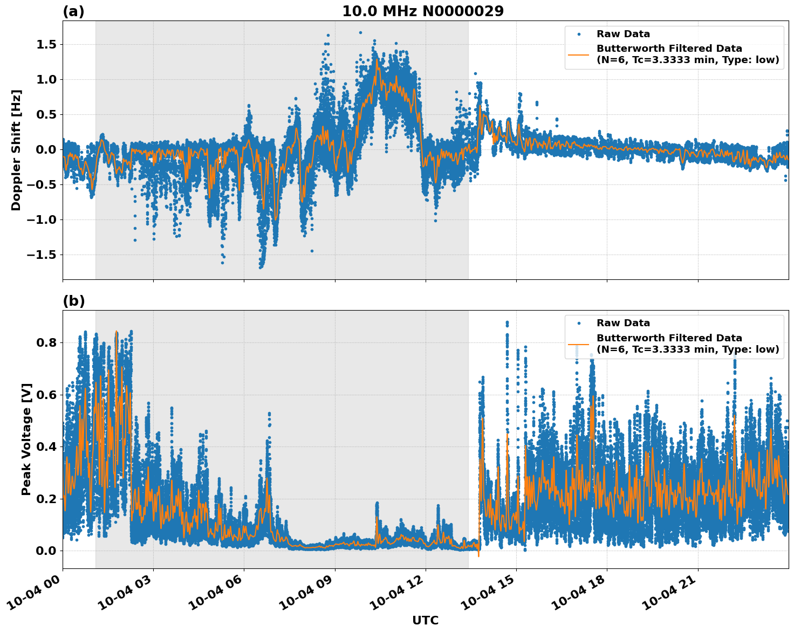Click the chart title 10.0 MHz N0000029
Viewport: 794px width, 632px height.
(x=423, y=11)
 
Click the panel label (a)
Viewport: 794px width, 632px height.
(x=73, y=11)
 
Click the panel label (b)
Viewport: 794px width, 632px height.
(x=73, y=301)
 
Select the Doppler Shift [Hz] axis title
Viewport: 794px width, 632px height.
(x=16, y=150)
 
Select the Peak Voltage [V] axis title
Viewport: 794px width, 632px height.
(x=26, y=439)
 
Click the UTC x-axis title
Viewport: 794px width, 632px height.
(x=425, y=620)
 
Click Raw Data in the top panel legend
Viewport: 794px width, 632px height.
(x=623, y=34)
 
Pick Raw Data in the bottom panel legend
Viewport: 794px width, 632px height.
(x=623, y=323)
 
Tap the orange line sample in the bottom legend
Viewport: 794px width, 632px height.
(x=579, y=344)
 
